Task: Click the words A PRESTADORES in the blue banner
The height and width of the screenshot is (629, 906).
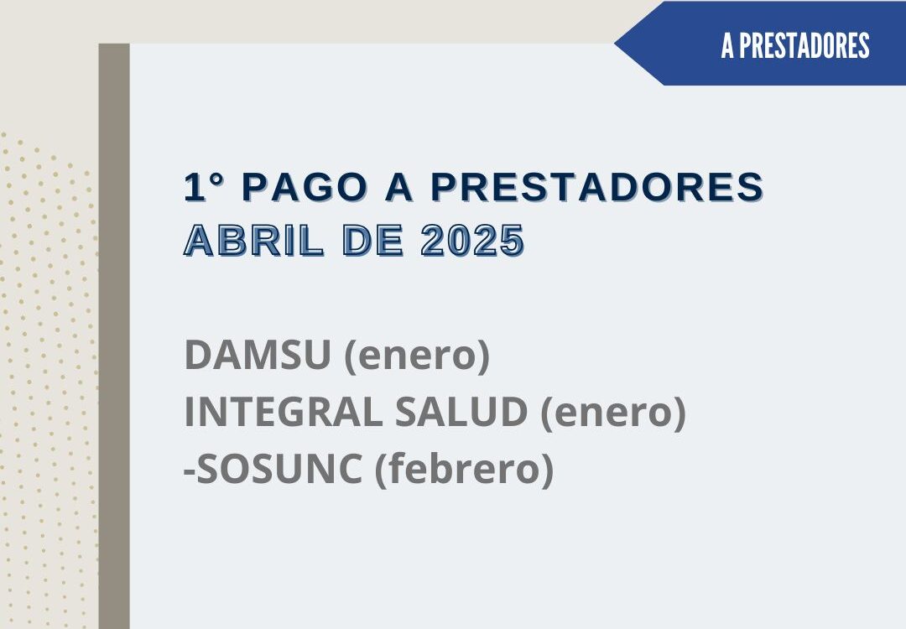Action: (795, 45)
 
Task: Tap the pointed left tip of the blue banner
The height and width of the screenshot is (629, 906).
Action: (615, 44)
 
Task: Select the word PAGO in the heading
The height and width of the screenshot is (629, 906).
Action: (305, 186)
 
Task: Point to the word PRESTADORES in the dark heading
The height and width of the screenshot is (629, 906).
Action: (597, 186)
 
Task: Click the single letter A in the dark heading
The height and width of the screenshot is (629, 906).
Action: (399, 186)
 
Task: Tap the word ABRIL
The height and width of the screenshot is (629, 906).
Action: (253, 241)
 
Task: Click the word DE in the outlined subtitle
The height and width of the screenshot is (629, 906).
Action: (372, 241)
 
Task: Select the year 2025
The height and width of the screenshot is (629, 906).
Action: (472, 241)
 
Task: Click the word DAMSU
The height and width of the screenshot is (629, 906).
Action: (258, 355)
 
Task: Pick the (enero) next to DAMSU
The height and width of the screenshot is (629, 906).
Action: (417, 356)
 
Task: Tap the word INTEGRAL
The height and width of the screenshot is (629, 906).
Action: (284, 412)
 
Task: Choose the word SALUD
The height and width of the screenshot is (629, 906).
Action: (461, 412)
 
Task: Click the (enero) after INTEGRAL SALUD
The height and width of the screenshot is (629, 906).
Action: (613, 413)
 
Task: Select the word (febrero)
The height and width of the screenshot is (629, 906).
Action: (465, 470)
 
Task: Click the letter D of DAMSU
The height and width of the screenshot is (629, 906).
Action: (198, 355)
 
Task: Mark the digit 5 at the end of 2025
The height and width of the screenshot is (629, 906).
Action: (512, 241)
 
